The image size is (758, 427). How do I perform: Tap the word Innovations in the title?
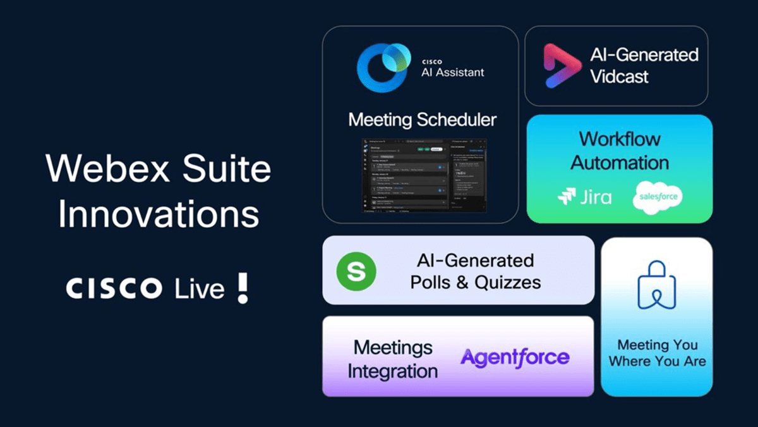click(x=159, y=214)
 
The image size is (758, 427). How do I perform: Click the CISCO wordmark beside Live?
click(x=114, y=289)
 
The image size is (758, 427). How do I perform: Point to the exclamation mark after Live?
click(x=242, y=287)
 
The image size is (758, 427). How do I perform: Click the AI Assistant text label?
click(x=452, y=71)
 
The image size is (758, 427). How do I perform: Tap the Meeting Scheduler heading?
click(x=422, y=119)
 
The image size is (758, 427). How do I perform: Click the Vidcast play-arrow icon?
click(x=558, y=66)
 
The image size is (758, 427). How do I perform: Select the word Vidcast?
click(x=619, y=77)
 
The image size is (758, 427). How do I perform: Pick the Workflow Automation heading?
click(x=620, y=151)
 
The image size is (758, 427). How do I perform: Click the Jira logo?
click(x=584, y=197)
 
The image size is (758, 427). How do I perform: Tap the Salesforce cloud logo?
click(x=657, y=196)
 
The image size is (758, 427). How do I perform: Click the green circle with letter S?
click(x=356, y=271)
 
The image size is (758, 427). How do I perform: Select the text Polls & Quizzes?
click(x=475, y=282)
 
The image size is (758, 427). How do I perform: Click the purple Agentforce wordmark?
click(x=515, y=357)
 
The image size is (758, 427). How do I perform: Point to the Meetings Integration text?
click(x=392, y=359)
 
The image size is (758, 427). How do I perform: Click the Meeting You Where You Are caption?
click(x=657, y=353)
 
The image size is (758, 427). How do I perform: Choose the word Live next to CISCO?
click(x=200, y=289)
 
